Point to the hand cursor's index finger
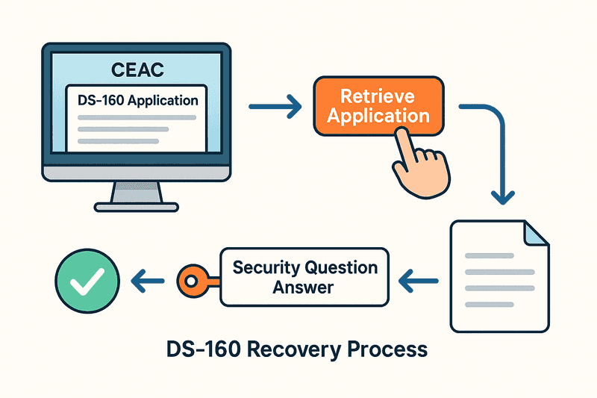[405, 139]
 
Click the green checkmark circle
[82, 279]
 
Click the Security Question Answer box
[304, 277]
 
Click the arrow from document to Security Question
[420, 281]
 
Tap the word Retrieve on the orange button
[378, 96]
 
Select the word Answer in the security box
[304, 287]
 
